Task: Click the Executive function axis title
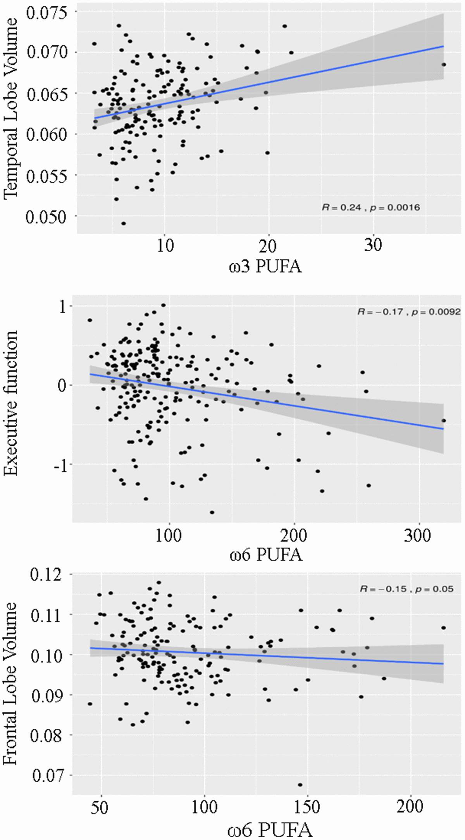click(11, 403)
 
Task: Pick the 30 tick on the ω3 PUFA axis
click(373, 245)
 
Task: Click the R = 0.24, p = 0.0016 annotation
click(371, 207)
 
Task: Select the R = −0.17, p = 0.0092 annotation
click(409, 311)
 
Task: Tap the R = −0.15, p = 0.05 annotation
click(406, 589)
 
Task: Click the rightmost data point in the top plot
click(444, 65)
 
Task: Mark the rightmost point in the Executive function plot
click(444, 420)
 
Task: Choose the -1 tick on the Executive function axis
click(60, 466)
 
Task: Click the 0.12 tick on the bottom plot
click(46, 574)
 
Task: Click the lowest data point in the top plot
click(123, 223)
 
